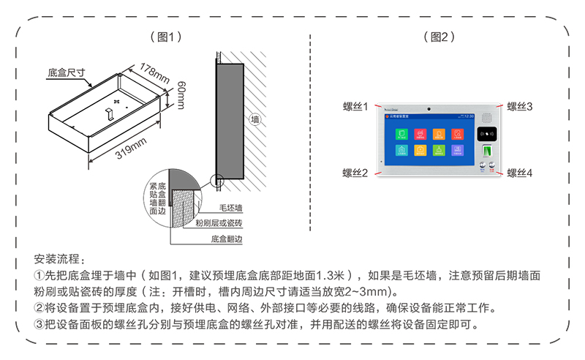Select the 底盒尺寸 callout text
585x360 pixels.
click(x=67, y=73)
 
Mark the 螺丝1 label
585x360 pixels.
click(x=355, y=107)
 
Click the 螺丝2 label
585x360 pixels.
click(x=355, y=173)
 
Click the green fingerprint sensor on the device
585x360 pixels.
click(x=486, y=152)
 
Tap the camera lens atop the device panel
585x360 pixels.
click(x=429, y=108)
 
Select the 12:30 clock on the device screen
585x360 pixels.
click(x=468, y=116)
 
